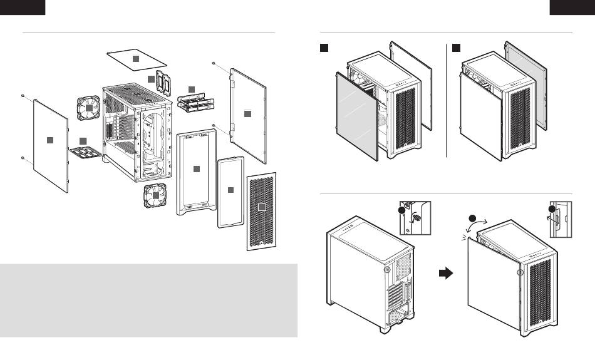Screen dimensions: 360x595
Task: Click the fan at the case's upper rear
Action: [89, 108]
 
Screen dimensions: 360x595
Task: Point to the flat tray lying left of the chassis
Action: [83, 148]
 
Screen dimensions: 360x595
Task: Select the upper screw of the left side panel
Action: [23, 95]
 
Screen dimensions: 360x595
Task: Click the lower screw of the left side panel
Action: [23, 158]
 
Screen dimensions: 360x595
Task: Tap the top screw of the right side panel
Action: [215, 63]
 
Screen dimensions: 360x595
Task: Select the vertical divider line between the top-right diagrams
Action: [445, 100]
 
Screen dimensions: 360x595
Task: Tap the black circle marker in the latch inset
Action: [552, 210]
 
